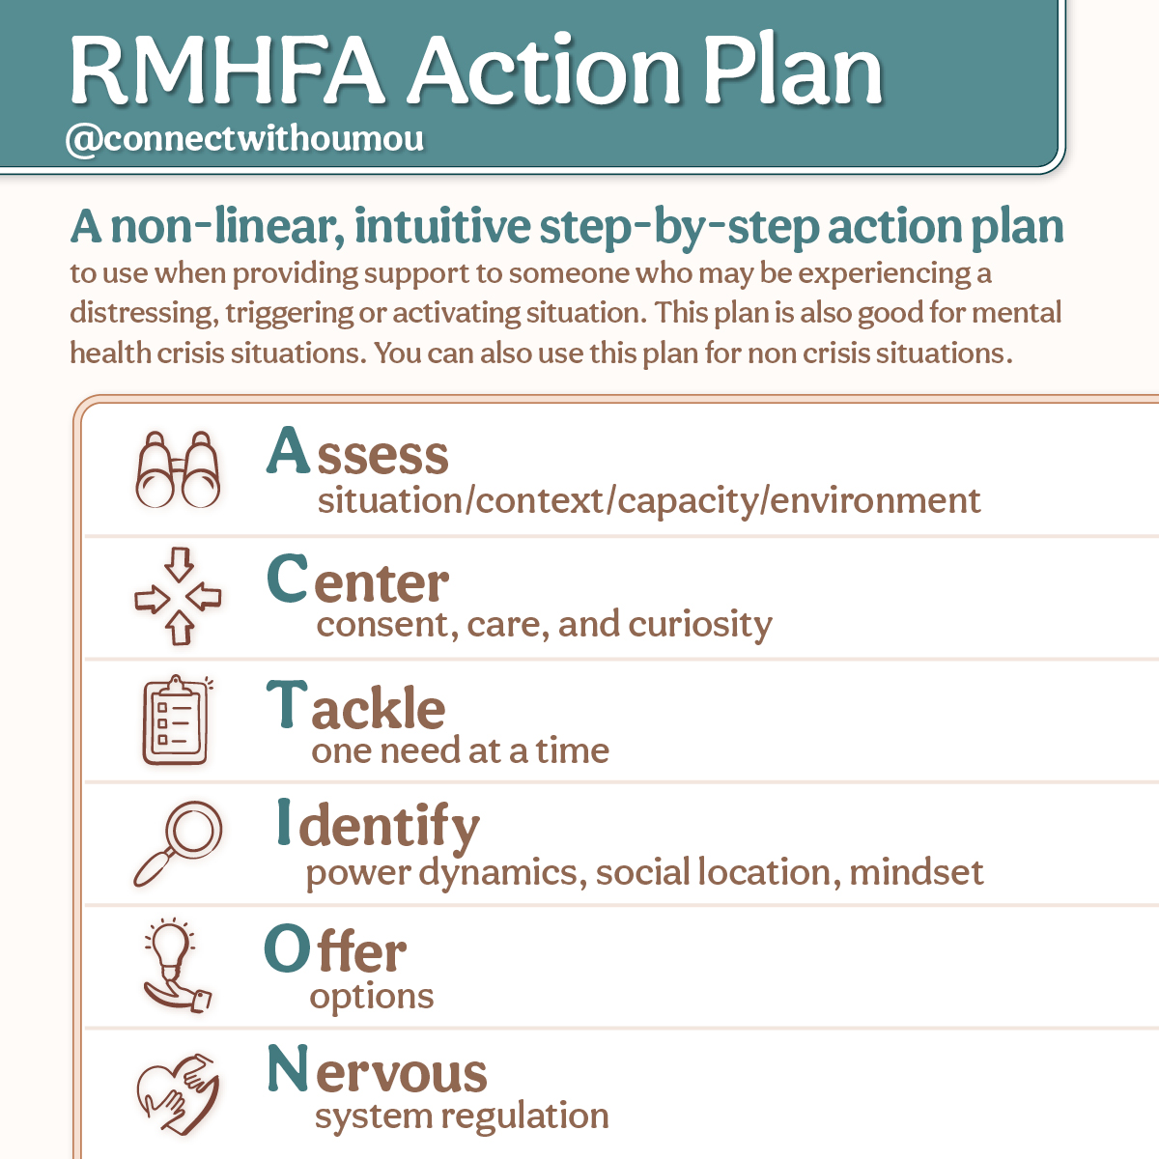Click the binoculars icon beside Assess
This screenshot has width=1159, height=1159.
(178, 470)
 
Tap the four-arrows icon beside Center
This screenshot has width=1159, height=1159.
(178, 596)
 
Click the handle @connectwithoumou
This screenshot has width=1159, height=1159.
(244, 139)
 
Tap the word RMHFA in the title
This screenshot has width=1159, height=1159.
(227, 71)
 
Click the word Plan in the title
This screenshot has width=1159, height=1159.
(793, 70)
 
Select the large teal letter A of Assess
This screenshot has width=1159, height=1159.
(288, 449)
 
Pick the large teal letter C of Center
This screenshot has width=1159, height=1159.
(288, 578)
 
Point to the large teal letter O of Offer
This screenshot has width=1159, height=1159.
(287, 948)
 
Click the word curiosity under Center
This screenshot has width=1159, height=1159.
(700, 626)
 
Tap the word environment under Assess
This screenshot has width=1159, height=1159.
(875, 501)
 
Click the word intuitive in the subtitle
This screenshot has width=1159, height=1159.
(442, 226)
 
